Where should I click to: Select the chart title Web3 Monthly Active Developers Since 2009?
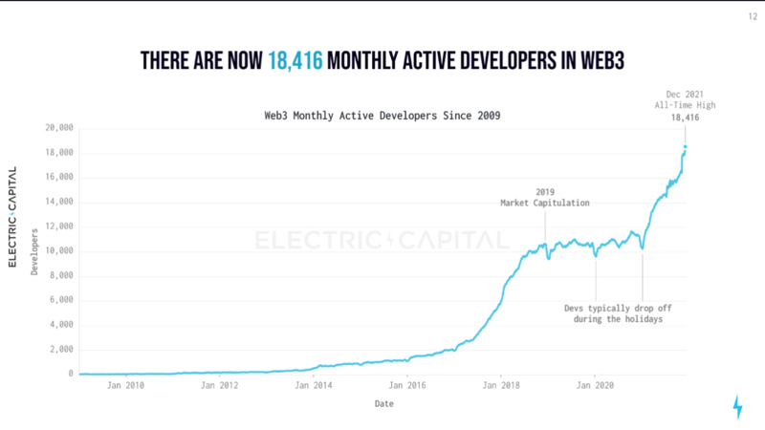click(382, 116)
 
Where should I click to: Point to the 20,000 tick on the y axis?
click(59, 127)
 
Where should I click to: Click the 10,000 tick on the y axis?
click(59, 250)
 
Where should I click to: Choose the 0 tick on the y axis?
click(71, 374)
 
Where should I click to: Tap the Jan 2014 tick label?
click(315, 386)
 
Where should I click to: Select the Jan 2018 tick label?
click(501, 386)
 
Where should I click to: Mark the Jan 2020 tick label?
click(595, 386)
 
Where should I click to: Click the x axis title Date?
click(382, 403)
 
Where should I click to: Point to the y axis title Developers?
click(34, 250)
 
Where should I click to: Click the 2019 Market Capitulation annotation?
click(544, 197)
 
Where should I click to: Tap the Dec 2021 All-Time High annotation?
click(683, 102)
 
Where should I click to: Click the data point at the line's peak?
click(686, 147)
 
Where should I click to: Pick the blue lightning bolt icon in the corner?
click(736, 406)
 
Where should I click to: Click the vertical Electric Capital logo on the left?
click(13, 216)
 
